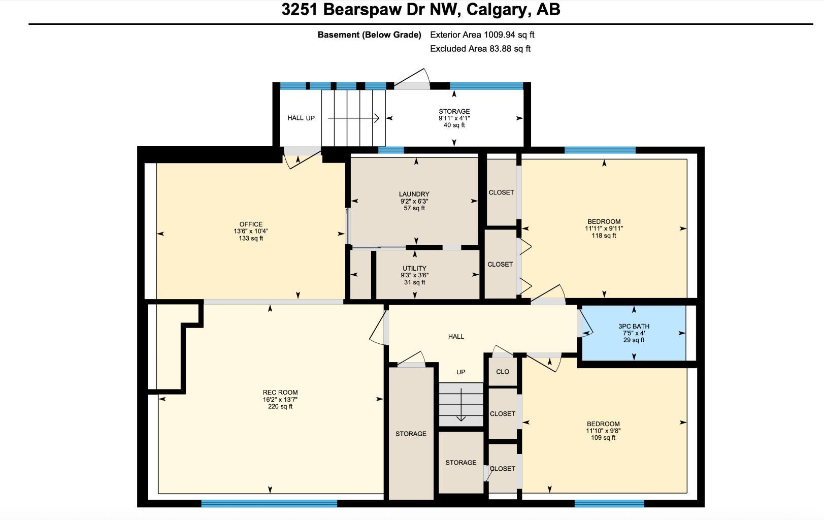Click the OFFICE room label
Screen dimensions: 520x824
[251, 224]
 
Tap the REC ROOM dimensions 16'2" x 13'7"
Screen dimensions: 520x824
[280, 400]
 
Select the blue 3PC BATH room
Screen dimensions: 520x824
[634, 333]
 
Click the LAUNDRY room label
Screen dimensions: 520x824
[414, 194]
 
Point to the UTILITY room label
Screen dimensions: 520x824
[414, 268]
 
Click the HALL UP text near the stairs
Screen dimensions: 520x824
[301, 118]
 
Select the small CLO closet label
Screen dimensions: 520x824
[503, 372]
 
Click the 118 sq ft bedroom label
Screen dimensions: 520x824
[604, 236]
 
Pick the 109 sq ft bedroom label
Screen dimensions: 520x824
[603, 438]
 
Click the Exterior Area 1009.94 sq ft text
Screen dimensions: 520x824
[482, 35]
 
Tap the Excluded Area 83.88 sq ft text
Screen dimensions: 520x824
[480, 49]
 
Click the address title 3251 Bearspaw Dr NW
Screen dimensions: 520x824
[420, 10]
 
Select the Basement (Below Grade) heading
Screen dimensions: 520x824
[369, 35]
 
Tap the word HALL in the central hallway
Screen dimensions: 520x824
[456, 336]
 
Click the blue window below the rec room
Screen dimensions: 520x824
[269, 503]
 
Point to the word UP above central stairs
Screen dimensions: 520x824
[460, 372]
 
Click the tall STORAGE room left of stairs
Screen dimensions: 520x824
[411, 434]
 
